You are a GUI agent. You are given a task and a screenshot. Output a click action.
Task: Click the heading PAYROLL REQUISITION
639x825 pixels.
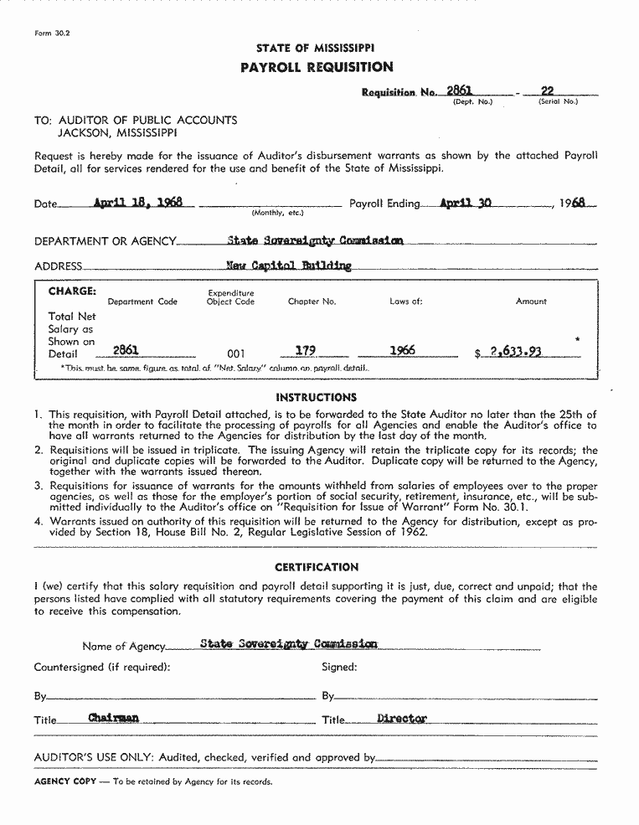317,67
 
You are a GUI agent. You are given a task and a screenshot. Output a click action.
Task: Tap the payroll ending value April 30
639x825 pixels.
465,203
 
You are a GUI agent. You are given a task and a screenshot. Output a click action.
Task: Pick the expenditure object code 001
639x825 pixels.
236,353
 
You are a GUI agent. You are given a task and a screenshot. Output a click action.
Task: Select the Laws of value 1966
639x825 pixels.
402,351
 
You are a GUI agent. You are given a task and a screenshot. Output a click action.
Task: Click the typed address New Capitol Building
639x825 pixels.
289,266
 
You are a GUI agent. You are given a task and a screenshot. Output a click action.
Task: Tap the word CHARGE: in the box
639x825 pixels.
72,291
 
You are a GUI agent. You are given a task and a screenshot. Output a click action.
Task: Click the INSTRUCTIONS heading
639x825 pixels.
317,397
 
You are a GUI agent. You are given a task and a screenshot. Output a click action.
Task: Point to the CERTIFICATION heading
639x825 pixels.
317,567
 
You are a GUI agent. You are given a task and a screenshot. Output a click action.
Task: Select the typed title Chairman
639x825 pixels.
113,718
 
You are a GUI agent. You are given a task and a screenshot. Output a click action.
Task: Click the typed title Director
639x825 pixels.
402,718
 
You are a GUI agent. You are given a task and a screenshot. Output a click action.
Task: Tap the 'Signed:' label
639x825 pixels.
339,668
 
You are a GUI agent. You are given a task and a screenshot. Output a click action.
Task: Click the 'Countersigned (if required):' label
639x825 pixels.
102,668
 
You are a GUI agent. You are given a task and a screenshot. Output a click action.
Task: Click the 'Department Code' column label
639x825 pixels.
142,302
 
